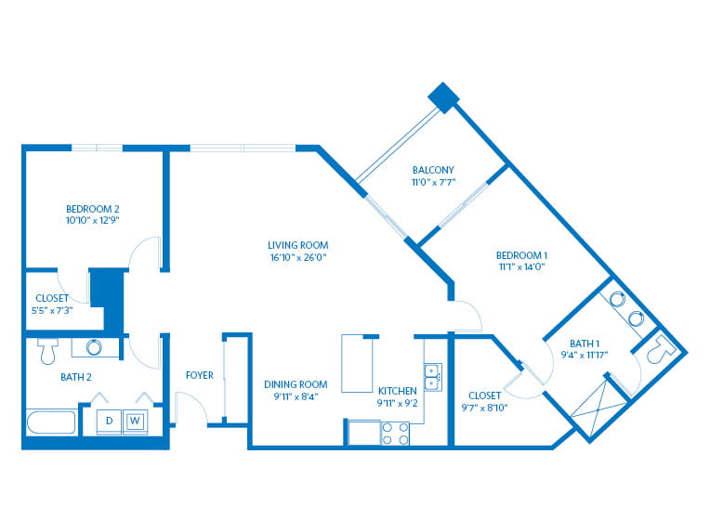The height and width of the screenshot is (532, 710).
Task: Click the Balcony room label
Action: point(433,170)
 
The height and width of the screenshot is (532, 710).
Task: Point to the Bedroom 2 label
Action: point(92,208)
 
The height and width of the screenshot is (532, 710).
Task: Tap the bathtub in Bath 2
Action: point(51,423)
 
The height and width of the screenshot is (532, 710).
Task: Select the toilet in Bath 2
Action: point(48,351)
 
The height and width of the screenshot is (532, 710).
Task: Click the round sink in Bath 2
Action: point(95,348)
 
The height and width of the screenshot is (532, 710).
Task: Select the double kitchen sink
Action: point(432,377)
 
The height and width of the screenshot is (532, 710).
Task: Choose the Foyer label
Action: point(200,376)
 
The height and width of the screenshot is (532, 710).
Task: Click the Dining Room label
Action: point(296,384)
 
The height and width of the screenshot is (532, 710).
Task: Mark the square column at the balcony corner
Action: point(442,97)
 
